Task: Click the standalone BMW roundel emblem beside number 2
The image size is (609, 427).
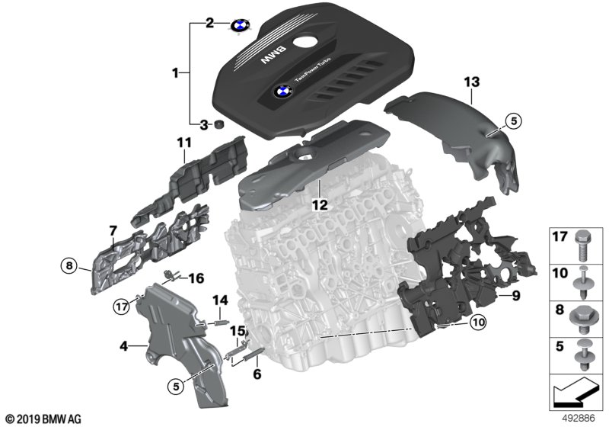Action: (x=241, y=26)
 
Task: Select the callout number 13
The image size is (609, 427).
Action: (x=471, y=82)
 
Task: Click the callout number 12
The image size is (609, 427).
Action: (x=320, y=204)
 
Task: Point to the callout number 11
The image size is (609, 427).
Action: (x=184, y=143)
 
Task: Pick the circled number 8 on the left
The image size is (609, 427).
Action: (x=69, y=266)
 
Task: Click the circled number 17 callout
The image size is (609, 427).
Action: (x=122, y=307)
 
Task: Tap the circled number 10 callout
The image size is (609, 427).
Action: (x=478, y=323)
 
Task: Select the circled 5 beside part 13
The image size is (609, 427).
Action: (x=513, y=121)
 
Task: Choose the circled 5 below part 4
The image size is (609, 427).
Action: (x=176, y=387)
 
